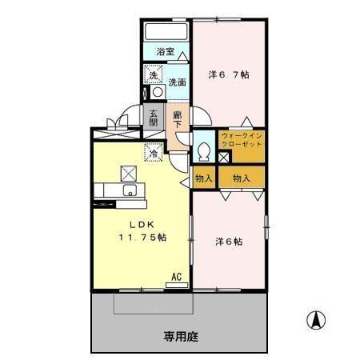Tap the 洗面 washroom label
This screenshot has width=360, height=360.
point(177,82)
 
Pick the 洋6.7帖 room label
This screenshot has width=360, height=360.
point(229,74)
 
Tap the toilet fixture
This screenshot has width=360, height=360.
point(202,150)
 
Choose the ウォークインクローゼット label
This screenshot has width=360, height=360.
point(241,141)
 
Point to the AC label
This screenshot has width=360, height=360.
point(177,278)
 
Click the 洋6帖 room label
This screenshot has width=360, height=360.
point(229,240)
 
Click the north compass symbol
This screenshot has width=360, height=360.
point(317,321)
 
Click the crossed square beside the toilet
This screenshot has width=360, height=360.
point(223,156)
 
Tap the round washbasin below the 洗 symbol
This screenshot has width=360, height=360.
point(157,91)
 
